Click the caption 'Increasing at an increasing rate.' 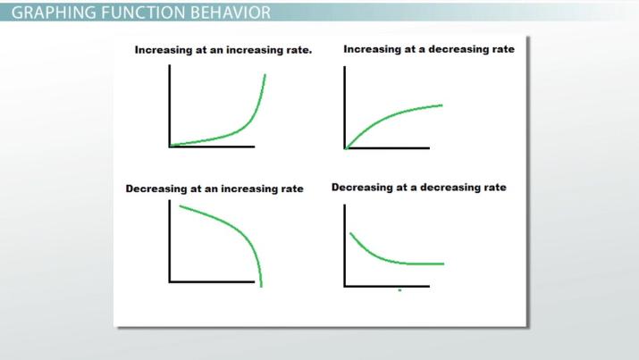tap(223, 50)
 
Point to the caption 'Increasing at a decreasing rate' tap(429, 49)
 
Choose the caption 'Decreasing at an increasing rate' tap(214, 189)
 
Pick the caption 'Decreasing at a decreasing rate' tap(419, 188)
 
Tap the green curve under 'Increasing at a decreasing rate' tap(393, 115)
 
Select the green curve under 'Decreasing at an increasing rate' tap(232, 229)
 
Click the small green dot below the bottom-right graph tap(399, 290)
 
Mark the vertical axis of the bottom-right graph tap(345, 246)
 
